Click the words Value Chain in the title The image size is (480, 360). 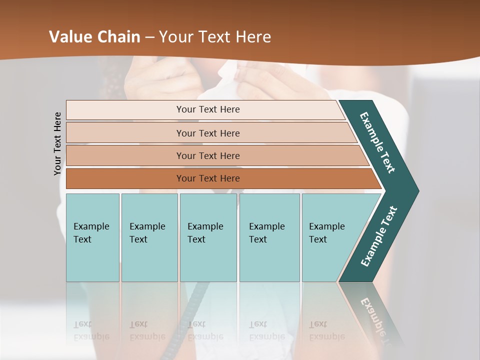[95, 37]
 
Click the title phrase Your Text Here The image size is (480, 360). [214, 37]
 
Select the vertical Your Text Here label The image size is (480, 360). [57, 143]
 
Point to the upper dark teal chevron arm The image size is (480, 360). [378, 142]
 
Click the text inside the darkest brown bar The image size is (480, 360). [208, 178]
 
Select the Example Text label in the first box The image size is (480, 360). [91, 232]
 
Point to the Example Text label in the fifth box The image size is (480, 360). [326, 232]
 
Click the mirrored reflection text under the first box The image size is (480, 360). [91, 330]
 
